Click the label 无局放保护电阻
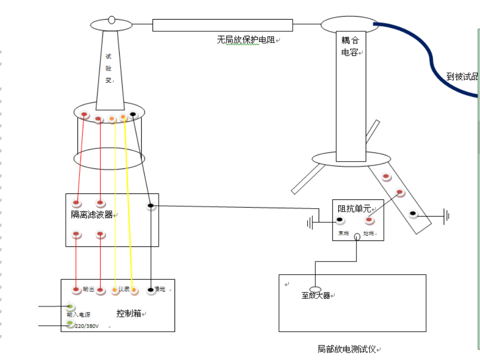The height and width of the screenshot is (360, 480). [246, 40]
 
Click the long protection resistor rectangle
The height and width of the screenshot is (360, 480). [223, 25]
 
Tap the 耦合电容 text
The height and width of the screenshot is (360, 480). [350, 46]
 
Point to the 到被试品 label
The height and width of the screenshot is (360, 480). [461, 76]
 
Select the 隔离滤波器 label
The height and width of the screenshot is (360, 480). [92, 215]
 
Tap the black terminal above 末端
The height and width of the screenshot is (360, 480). [339, 220]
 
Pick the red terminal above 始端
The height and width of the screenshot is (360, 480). [370, 220]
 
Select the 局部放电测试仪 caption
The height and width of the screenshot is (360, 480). [347, 349]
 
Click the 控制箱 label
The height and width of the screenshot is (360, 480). [129, 313]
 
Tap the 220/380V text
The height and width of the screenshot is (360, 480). [87, 326]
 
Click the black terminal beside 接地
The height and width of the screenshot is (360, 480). [151, 290]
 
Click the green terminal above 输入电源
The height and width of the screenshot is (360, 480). [70, 307]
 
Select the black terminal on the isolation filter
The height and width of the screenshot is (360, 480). [151, 206]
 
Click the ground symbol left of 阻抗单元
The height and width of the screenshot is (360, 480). [310, 223]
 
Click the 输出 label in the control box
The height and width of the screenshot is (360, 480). [88, 289]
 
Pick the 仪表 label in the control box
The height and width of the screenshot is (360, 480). [124, 289]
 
